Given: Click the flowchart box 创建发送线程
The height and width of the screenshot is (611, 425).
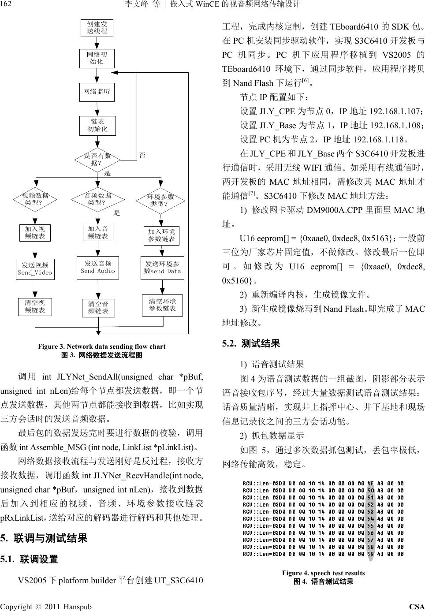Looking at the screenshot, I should (x=97, y=28).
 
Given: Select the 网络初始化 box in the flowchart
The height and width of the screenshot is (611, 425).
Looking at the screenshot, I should (x=97, y=58).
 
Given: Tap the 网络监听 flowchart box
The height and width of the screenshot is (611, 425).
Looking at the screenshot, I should (x=97, y=92).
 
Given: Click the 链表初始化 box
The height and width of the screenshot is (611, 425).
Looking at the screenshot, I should (x=97, y=126).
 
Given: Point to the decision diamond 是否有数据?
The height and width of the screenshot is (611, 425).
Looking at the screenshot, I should (x=97, y=160).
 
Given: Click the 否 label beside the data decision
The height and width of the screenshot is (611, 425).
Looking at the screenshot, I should (x=142, y=155).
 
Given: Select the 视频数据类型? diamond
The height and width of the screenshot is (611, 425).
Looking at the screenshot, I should (x=35, y=200).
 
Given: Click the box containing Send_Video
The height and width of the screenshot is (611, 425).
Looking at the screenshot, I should (x=35, y=269).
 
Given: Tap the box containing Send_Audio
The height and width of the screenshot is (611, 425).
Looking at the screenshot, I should (x=98, y=267).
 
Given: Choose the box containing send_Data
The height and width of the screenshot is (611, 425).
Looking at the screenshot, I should (x=162, y=268).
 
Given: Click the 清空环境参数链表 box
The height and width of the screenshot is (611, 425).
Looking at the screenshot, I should (x=162, y=305).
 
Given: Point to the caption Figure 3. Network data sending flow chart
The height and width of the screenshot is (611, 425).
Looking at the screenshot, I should (x=101, y=346).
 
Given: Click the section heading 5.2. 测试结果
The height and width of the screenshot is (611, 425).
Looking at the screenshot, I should (x=251, y=343).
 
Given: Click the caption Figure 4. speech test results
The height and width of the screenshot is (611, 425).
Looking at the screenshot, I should (x=323, y=573).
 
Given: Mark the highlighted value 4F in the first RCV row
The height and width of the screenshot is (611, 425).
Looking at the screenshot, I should (x=370, y=483).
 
